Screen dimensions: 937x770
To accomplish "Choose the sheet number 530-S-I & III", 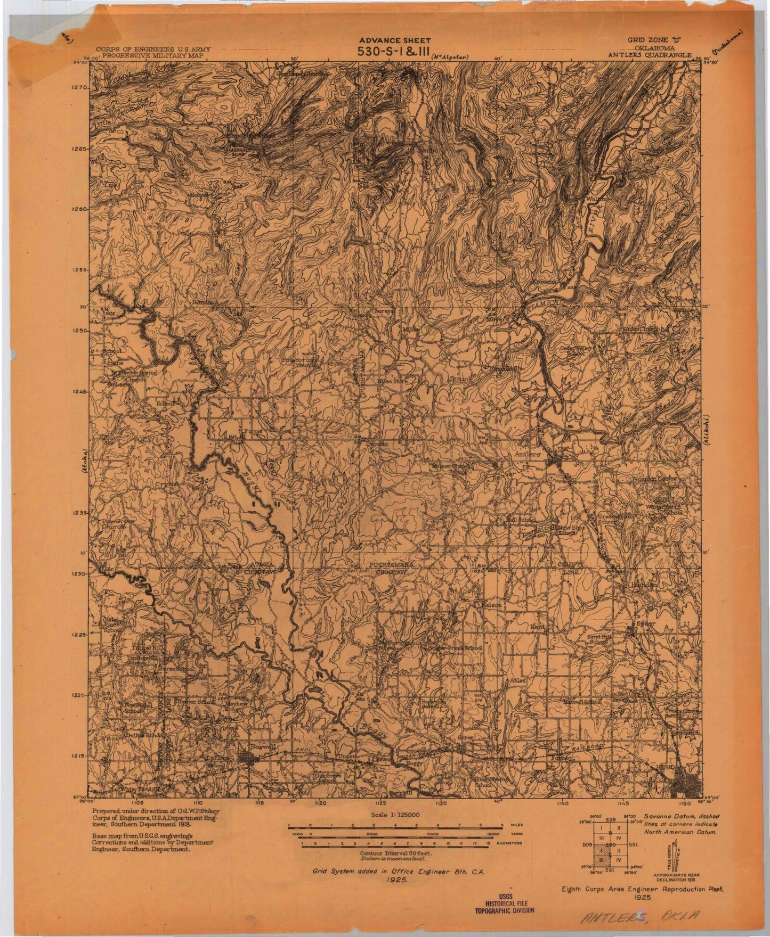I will [388, 52].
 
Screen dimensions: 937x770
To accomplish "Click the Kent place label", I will [537, 628].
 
